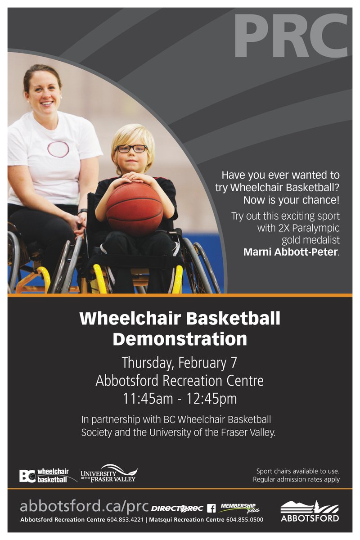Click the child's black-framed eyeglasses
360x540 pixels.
(x=131, y=148)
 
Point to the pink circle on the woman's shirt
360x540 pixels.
(x=58, y=149)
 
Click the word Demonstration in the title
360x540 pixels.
(x=180, y=338)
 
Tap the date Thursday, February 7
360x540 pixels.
(x=180, y=362)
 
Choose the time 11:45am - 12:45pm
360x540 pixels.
(x=180, y=399)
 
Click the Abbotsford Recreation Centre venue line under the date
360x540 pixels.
(x=180, y=381)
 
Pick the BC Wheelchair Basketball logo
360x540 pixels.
(x=44, y=475)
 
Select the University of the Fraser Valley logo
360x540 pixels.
(x=108, y=473)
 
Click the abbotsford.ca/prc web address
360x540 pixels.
(x=84, y=507)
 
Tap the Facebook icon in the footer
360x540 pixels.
(x=211, y=508)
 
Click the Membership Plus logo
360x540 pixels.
(x=240, y=508)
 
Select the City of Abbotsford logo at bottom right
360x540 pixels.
(x=310, y=511)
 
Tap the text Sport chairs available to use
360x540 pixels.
(x=298, y=471)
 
